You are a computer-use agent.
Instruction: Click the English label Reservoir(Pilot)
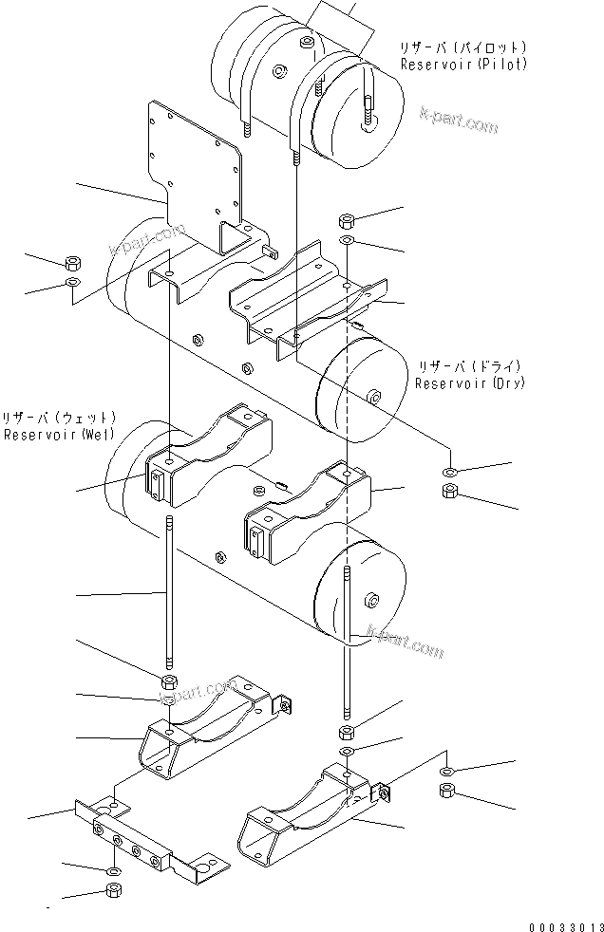click(x=463, y=65)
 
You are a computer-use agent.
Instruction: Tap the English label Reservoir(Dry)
click(x=469, y=383)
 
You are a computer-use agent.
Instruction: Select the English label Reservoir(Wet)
click(x=60, y=435)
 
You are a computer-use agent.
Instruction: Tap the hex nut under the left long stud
click(x=169, y=683)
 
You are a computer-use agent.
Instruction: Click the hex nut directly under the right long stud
click(x=347, y=732)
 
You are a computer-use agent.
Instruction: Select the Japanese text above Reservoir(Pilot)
click(x=463, y=47)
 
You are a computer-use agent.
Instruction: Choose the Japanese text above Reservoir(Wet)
click(x=60, y=418)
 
